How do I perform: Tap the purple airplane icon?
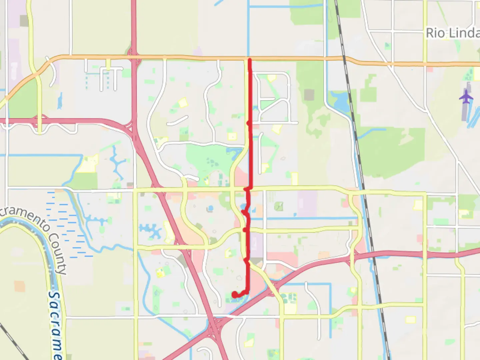coord(466,97)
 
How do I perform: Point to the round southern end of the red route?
coord(235,294)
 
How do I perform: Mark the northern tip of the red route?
coord(249,60)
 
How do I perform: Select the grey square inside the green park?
coord(309,95)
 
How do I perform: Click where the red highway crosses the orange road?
coord(134,57)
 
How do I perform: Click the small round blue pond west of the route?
coord(210,209)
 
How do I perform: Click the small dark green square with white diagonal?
coord(279,207)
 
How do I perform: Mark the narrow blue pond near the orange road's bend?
coord(60,101)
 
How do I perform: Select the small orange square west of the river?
coord(20,286)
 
